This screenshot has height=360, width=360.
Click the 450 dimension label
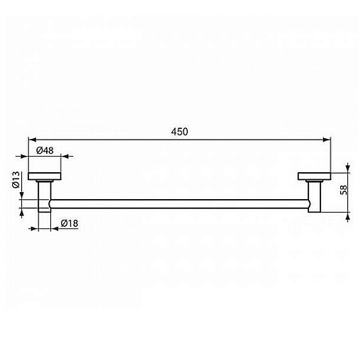pyautogui.click(x=179, y=132)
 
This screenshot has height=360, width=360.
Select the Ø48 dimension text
pyautogui.click(x=45, y=150)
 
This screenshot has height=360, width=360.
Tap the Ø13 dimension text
pyautogui.click(x=16, y=180)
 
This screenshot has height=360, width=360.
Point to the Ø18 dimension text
pyautogui.click(x=69, y=223)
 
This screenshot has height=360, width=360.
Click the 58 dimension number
pyautogui.click(x=344, y=190)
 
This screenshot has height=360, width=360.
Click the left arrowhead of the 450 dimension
pyautogui.click(x=32, y=140)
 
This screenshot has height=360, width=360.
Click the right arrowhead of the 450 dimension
pyautogui.click(x=327, y=140)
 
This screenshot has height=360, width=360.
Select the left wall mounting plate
pyautogui.click(x=45, y=176)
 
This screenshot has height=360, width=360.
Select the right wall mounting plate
pyautogui.click(x=314, y=176)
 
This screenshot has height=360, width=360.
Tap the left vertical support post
pyautogui.click(x=44, y=196)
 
